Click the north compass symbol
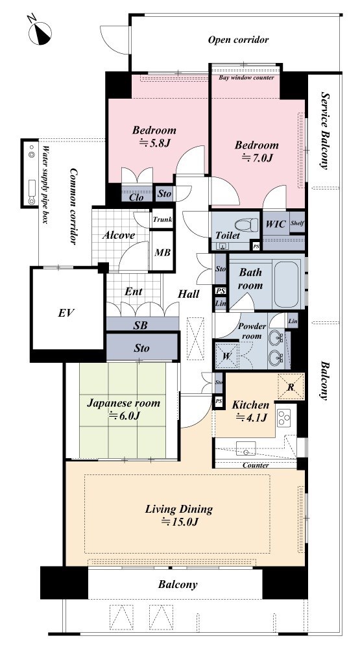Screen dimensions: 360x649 coord(40,32)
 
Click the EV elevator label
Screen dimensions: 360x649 coord(66,313)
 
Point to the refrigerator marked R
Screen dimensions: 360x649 coord(291,387)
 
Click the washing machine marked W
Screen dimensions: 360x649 coord(226,355)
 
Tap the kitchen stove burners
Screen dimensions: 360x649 coord(284,417)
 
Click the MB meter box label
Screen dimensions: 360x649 coord(162,252)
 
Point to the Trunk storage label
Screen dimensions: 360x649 coord(162,220)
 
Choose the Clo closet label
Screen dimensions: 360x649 coord(136,197)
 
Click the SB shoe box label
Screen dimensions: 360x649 coord(141,325)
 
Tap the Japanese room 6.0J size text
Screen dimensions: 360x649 coord(124,416)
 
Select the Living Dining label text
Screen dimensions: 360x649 coord(179,509)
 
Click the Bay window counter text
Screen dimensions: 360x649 coord(246,77)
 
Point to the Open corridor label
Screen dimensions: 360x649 coord(238,40)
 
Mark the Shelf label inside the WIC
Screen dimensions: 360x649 coord(297,223)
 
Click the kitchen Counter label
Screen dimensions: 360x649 coord(256,465)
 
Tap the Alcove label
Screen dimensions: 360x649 coord(119,236)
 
